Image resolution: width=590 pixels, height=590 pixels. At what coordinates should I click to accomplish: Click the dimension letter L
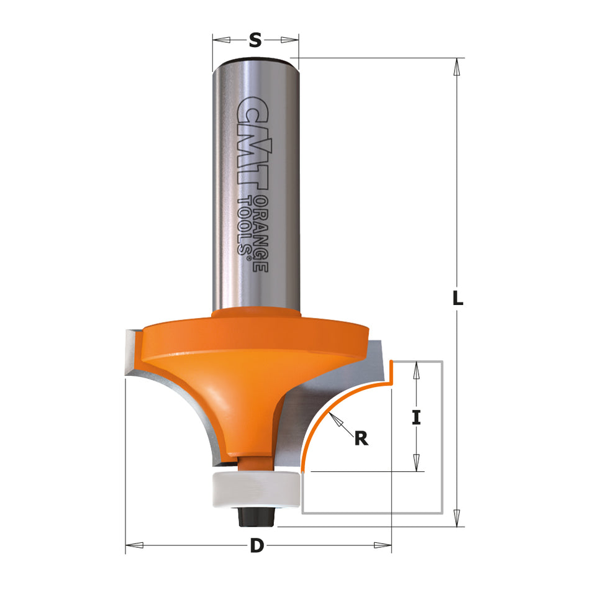pos(458,298)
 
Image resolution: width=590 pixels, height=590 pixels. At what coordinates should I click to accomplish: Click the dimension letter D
pos(255,547)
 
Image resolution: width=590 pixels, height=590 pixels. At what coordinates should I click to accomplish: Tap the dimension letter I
pos(417,418)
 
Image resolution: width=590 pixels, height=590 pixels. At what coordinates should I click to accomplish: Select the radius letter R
pos(361,438)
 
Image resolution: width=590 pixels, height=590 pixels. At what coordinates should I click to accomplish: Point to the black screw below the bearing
pos(256,514)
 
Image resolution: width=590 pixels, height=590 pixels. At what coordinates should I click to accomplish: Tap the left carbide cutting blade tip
pos(131,354)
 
